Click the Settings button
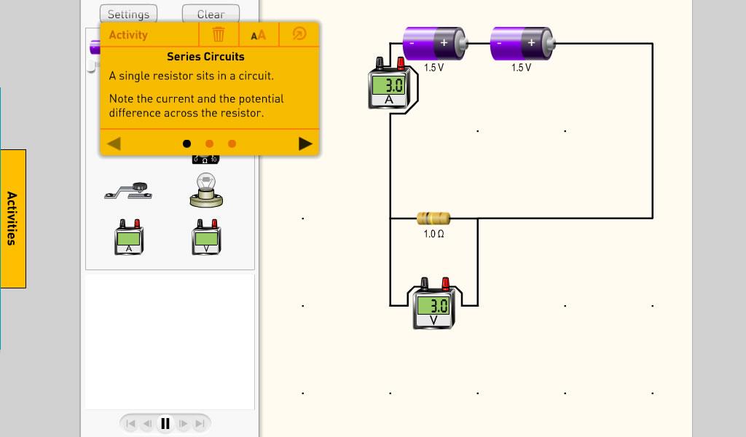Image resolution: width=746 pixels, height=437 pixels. pyautogui.click(x=128, y=14)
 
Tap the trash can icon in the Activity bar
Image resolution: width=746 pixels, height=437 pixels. pyautogui.click(x=218, y=34)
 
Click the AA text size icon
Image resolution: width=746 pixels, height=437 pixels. pyautogui.click(x=259, y=35)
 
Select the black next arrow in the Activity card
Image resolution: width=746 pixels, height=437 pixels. pyautogui.click(x=305, y=143)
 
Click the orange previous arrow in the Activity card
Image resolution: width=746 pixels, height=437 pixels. pyautogui.click(x=114, y=143)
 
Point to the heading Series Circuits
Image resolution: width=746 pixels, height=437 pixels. pyautogui.click(x=205, y=57)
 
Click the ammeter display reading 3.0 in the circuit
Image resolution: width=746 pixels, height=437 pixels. pyautogui.click(x=389, y=84)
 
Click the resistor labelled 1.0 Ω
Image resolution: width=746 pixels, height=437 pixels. pyautogui.click(x=433, y=218)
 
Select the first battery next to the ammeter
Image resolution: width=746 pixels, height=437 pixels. pyautogui.click(x=434, y=44)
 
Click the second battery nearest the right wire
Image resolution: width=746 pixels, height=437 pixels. pyautogui.click(x=522, y=44)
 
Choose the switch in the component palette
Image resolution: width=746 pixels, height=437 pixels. pyautogui.click(x=129, y=191)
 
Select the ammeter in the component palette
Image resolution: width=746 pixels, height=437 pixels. pyautogui.click(x=129, y=237)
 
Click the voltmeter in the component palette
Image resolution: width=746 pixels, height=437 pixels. pyautogui.click(x=205, y=237)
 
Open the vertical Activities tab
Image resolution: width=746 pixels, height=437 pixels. pyautogui.click(x=12, y=219)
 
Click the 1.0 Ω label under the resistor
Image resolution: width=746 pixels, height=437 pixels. pyautogui.click(x=433, y=235)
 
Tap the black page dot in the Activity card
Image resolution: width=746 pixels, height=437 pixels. pyautogui.click(x=186, y=143)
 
